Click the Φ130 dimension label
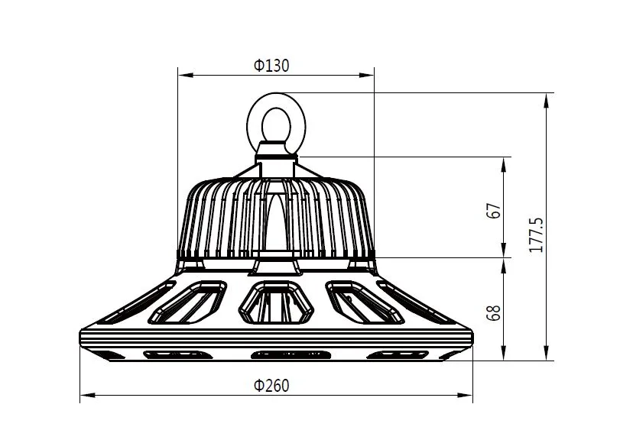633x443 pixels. (272, 66)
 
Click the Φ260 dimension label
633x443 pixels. (272, 386)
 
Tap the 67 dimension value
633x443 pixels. (494, 212)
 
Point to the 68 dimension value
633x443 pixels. (494, 312)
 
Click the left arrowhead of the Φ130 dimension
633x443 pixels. (183, 76)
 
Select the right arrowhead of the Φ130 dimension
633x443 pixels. (368, 76)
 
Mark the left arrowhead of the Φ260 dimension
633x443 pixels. (86, 395)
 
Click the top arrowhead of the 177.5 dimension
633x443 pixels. (547, 99)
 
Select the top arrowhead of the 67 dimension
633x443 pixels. (505, 163)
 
